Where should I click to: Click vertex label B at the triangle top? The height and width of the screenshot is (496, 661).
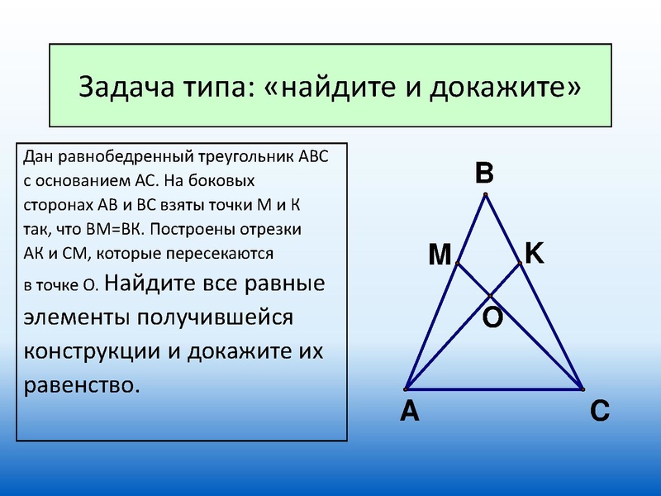click(485, 174)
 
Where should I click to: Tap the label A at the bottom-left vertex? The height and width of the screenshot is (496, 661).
click(410, 411)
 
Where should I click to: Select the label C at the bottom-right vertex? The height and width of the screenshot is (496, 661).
click(600, 411)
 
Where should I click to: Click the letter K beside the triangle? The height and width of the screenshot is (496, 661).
click(535, 252)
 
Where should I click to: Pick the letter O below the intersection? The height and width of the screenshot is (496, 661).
click(492, 317)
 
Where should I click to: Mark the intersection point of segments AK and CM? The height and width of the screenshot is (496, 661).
click(490, 296)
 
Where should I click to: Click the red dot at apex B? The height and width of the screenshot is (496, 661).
click(486, 195)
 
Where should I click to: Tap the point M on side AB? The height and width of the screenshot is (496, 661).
click(457, 265)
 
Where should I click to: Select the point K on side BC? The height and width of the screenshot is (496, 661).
click(520, 264)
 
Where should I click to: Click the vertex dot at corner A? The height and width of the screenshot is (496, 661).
click(406, 389)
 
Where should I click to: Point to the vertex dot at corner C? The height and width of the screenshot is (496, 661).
click(583, 389)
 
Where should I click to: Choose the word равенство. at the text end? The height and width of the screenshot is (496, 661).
click(79, 384)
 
